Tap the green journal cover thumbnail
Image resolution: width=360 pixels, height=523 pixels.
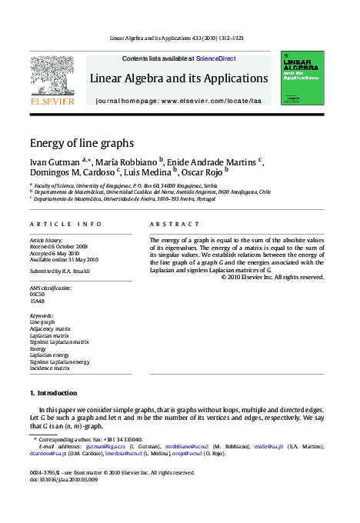(x=302, y=78)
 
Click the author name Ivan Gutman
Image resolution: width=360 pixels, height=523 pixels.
(x=55, y=162)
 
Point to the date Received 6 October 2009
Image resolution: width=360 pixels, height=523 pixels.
(x=58, y=246)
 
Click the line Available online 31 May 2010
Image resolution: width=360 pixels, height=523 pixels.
(x=64, y=259)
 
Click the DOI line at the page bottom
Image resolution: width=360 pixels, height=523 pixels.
(x=64, y=479)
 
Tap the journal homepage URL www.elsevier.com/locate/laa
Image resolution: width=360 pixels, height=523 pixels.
(x=224, y=102)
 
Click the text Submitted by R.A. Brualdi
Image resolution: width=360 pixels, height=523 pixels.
(x=59, y=271)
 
